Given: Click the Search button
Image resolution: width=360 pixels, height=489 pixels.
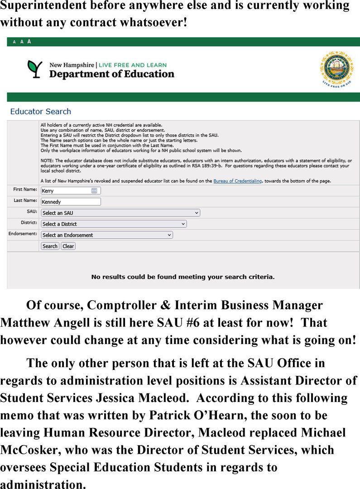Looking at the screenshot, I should tap(50, 246).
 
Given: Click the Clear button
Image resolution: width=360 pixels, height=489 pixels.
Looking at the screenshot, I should tap(68, 246).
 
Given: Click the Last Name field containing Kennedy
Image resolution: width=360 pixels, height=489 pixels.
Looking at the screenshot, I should tap(71, 202).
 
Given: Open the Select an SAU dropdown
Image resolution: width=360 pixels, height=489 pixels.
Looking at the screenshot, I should tap(120, 213).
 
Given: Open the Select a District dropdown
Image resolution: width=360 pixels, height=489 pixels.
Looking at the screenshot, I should tap(113, 224).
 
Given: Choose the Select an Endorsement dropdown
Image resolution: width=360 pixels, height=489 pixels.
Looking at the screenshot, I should tap(106, 235).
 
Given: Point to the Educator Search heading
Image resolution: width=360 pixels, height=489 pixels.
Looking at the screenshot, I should tap(40, 111).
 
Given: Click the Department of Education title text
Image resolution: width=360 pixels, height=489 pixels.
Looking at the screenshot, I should tap(111, 74).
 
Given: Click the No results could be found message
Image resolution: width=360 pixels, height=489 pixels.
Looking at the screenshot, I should tap(183, 276).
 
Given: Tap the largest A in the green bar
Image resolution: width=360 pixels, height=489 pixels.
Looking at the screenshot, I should tap(29, 42).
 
